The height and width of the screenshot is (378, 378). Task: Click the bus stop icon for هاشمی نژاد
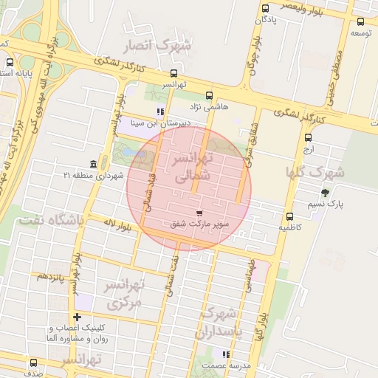209,95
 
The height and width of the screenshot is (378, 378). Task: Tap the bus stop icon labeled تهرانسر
173,73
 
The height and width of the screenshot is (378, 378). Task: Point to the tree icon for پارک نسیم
326,192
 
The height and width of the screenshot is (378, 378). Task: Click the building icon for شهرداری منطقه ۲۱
93,163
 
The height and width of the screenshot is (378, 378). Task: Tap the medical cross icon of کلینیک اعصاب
77,317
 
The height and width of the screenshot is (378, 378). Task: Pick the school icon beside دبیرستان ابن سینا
159,111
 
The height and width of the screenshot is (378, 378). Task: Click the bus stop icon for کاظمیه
289,217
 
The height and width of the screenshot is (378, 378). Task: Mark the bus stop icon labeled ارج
308,137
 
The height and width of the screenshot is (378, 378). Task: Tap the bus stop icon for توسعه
360,21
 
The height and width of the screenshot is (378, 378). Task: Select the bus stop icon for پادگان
265,8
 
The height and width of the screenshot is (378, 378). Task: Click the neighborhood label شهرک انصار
158,46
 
